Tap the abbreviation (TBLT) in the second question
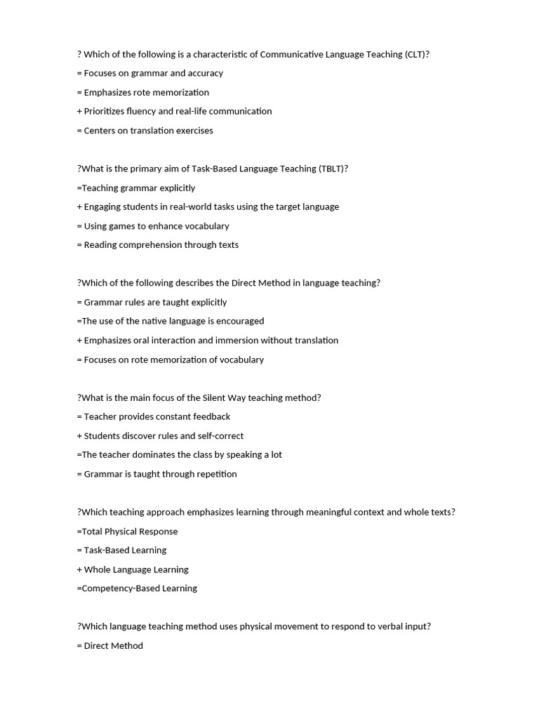point(333,169)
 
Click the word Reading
point(102,245)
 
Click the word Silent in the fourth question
point(215,397)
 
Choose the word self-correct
point(220,436)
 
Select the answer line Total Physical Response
point(129,532)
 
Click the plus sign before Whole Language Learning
point(79,569)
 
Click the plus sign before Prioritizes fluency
point(79,111)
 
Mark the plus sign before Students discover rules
point(79,436)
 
